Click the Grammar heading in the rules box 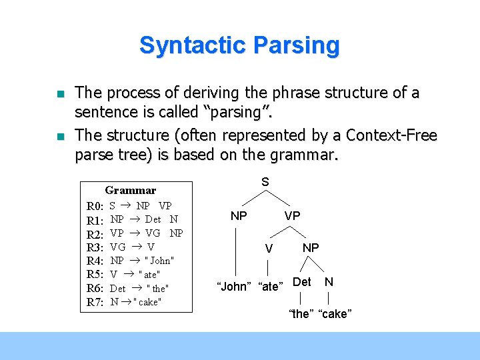131,191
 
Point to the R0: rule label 95,206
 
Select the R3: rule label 95,247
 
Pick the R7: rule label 95,302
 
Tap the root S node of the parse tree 265,182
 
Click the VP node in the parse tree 292,216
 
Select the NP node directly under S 239,216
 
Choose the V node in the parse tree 268,249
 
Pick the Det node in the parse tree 301,281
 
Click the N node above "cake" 329,281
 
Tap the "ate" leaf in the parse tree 270,287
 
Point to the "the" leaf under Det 301,314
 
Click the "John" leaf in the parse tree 234,287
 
